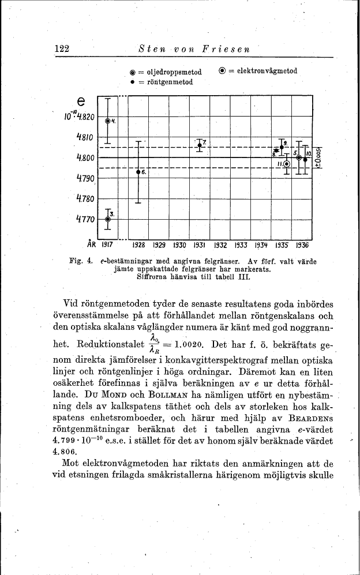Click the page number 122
62,49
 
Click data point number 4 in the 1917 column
108,121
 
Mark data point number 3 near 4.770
107,219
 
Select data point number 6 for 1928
138,172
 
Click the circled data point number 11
287,164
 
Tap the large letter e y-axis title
81,101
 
